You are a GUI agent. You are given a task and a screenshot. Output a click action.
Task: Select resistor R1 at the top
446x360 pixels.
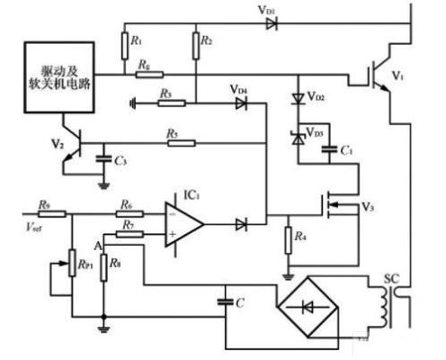pos(122,43)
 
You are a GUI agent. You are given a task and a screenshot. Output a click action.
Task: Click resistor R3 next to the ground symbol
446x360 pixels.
pos(168,103)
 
